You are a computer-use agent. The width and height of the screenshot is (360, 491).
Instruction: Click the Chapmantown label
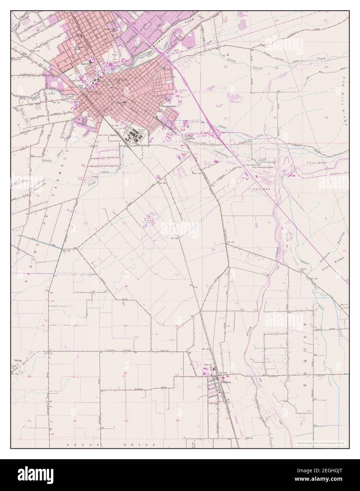point(168,106)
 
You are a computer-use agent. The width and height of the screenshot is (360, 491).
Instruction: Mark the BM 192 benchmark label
point(231,242)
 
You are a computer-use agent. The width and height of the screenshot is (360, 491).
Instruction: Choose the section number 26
point(125,373)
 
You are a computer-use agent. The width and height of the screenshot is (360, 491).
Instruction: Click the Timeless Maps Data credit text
point(321,443)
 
